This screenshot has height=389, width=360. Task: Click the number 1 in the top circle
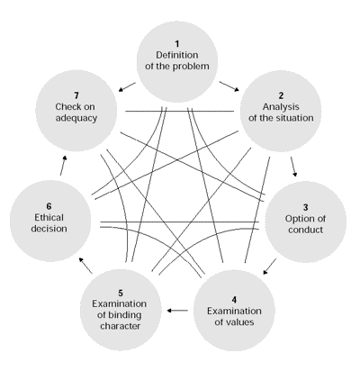click(x=177, y=44)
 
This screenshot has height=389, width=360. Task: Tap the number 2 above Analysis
click(x=281, y=95)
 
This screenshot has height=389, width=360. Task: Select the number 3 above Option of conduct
click(x=305, y=207)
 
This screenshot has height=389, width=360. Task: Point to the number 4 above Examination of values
click(x=234, y=300)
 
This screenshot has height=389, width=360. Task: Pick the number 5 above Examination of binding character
click(x=121, y=293)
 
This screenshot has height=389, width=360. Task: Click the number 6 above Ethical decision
click(x=49, y=206)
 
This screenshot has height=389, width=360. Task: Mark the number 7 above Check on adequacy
click(x=76, y=95)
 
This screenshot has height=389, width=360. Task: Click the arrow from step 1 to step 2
click(x=229, y=86)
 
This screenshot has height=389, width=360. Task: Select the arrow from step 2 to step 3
click(x=293, y=167)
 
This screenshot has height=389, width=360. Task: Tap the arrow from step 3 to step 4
click(x=270, y=267)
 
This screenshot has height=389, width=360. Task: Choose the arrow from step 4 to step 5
click(x=177, y=311)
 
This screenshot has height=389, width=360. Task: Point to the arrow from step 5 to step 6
click(x=85, y=266)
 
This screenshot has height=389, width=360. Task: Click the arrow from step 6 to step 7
click(x=63, y=166)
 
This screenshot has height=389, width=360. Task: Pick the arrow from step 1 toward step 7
click(x=127, y=86)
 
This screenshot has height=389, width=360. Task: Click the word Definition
click(x=177, y=55)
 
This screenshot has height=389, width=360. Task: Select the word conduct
click(x=306, y=230)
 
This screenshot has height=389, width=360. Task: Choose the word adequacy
click(x=76, y=118)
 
